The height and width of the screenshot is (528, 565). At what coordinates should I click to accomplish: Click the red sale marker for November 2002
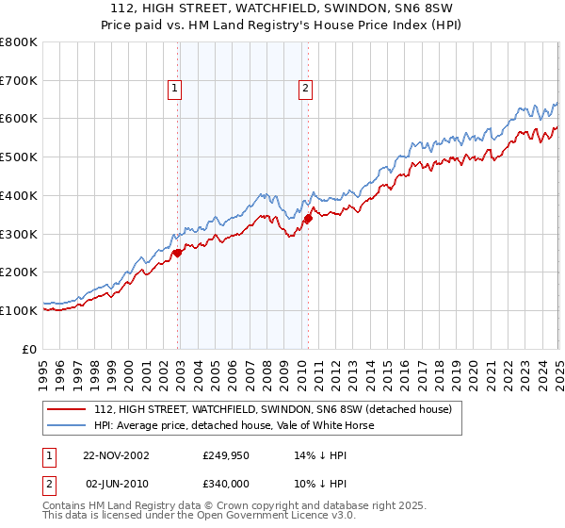point(178,253)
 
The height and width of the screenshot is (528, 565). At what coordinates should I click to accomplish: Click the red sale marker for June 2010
point(308,218)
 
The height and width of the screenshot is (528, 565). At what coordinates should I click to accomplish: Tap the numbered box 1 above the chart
point(175,90)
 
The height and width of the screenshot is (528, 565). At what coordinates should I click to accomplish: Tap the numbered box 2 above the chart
point(306,90)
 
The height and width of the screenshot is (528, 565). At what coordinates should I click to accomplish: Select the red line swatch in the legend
point(66,409)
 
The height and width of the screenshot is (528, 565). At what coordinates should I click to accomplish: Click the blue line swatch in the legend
point(66,425)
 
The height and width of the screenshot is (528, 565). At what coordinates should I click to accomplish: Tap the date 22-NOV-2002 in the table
point(116,454)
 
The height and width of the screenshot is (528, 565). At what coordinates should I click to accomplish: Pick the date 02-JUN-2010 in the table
point(116,483)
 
